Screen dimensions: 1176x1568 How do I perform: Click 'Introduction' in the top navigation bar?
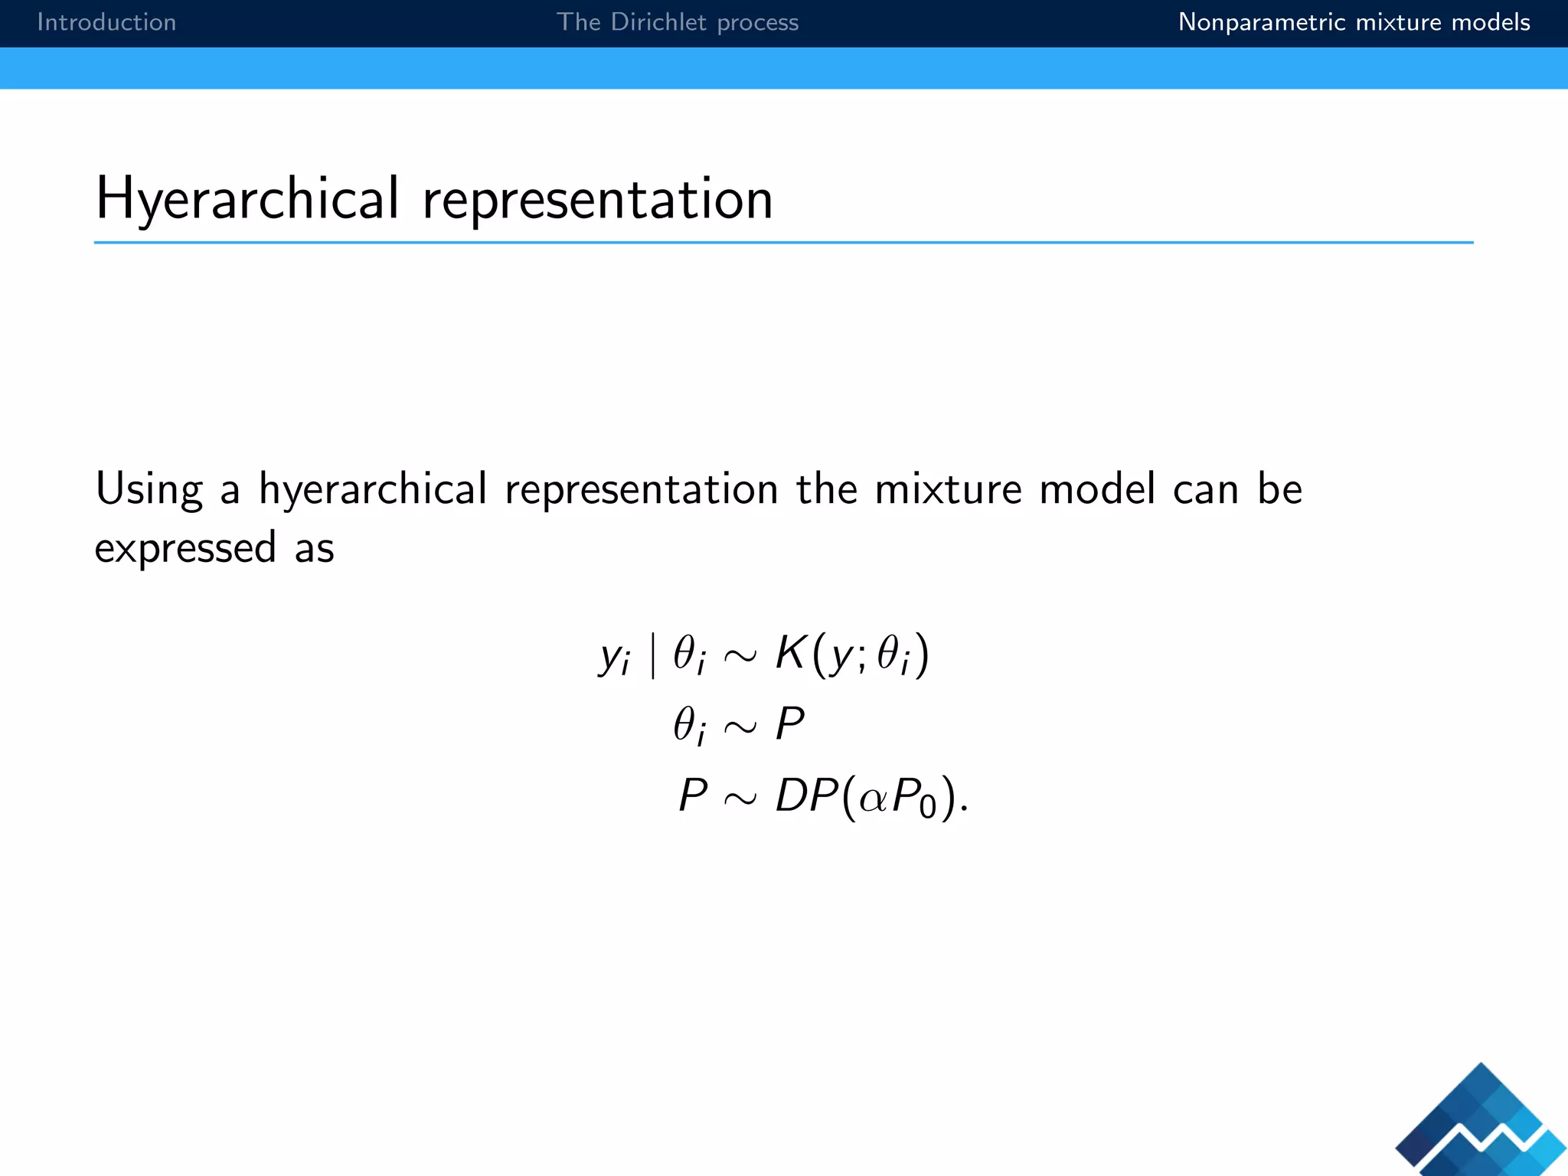point(106,22)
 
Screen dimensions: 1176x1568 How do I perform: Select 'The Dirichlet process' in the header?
point(677,22)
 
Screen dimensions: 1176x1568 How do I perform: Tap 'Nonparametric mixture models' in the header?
point(1354,22)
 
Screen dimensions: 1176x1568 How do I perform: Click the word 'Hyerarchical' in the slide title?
point(247,199)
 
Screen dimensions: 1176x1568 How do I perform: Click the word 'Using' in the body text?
point(149,490)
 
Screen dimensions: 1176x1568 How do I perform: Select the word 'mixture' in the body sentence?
point(948,489)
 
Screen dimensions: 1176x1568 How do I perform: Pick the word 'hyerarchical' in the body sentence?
point(373,490)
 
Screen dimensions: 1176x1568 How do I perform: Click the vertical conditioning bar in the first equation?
point(652,656)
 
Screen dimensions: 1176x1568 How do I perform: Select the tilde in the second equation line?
point(739,727)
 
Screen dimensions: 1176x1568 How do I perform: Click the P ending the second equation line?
point(789,724)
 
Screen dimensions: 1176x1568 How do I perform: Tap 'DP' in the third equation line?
point(806,795)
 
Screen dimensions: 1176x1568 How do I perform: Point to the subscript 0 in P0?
point(927,808)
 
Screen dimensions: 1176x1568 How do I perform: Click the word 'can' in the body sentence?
point(1205,489)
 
